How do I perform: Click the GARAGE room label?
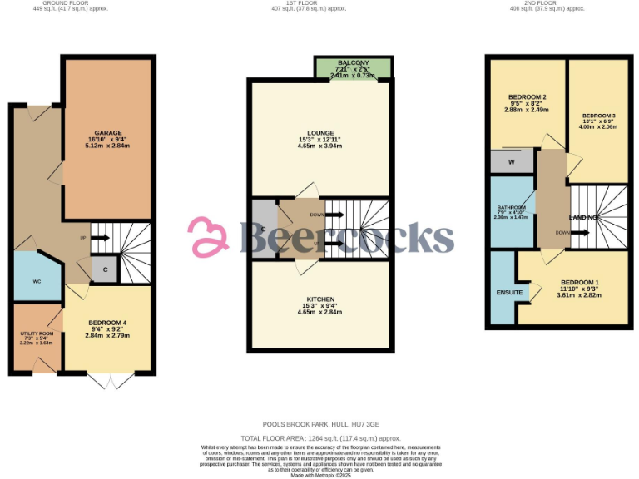click(x=107, y=133)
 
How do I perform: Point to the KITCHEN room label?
click(x=320, y=299)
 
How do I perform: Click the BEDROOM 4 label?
click(x=107, y=323)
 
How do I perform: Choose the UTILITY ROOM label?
click(x=36, y=333)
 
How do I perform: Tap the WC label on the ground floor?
click(x=37, y=282)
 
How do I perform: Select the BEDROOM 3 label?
click(x=598, y=115)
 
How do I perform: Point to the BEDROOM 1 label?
click(x=577, y=282)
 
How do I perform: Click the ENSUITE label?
click(x=509, y=293)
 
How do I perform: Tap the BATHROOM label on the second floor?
click(x=512, y=207)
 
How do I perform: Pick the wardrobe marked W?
click(x=511, y=161)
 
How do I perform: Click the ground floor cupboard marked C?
click(x=105, y=269)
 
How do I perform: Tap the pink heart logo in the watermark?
click(x=209, y=236)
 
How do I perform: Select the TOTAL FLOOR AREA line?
click(x=320, y=437)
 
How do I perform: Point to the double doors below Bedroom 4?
click(x=109, y=381)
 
